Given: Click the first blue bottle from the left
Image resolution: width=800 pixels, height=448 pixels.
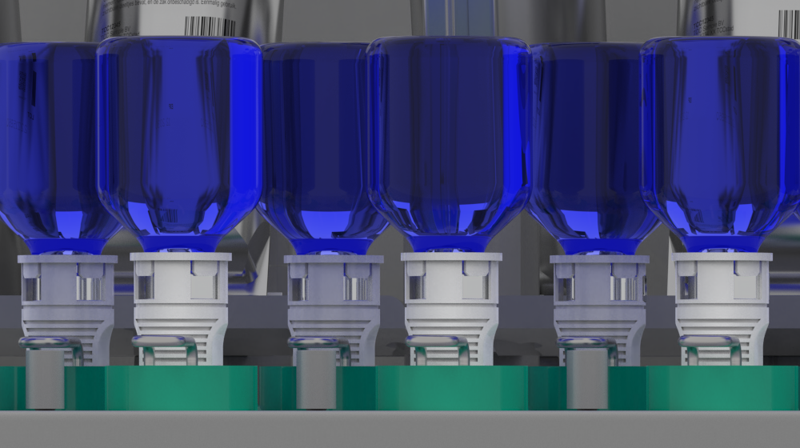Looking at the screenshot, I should (48, 136).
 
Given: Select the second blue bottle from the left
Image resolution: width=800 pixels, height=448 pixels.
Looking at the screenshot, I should (179, 136).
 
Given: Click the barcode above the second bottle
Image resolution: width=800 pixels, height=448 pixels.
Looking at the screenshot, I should (210, 25).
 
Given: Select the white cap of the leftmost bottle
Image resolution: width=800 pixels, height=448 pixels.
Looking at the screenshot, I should (67, 296).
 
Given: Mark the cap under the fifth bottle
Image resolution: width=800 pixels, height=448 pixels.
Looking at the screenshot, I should (599, 296).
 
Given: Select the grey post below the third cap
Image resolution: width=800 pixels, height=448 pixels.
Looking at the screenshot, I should (316, 376).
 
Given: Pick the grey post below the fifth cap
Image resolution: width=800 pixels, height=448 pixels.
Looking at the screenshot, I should (587, 376).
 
